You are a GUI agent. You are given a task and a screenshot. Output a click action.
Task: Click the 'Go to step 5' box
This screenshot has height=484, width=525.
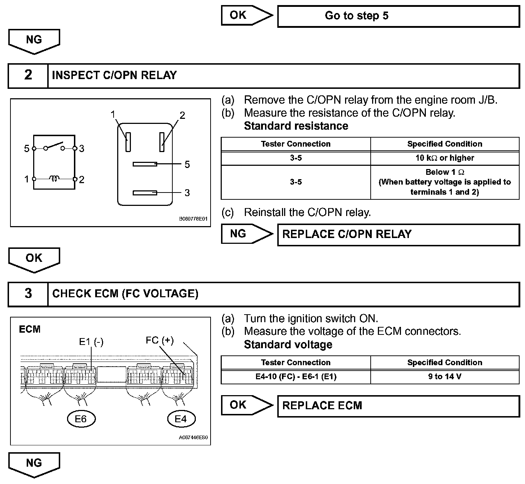[398, 16]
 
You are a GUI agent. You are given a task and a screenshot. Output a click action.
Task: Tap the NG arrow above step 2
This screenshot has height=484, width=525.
[34, 40]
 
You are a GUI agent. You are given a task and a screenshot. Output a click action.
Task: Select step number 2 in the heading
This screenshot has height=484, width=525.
[28, 75]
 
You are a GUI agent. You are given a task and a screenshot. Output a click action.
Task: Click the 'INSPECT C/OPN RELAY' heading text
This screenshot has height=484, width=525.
[114, 75]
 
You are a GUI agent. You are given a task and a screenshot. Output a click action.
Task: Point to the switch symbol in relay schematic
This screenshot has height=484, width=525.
[54, 147]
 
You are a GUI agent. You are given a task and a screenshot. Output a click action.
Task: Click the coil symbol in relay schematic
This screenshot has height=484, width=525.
[54, 178]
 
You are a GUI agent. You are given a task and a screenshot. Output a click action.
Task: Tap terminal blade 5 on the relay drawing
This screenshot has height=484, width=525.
[145, 164]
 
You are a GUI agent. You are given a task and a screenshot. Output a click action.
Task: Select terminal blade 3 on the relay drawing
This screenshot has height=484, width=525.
[145, 193]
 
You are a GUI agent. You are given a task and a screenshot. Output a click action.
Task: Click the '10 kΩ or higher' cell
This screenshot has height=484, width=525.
[445, 158]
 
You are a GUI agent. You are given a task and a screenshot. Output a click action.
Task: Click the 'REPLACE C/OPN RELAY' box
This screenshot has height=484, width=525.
[398, 234]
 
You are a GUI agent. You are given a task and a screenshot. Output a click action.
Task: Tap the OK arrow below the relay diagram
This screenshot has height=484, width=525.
[34, 259]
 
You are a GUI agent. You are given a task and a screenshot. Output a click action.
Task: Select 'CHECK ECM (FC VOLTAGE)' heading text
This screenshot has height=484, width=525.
[125, 294]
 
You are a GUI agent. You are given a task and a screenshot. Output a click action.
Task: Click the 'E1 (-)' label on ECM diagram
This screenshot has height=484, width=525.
[91, 342]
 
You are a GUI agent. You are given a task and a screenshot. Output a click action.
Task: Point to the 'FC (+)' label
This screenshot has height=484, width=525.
[160, 340]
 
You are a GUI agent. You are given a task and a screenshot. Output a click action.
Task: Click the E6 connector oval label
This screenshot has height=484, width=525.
[81, 419]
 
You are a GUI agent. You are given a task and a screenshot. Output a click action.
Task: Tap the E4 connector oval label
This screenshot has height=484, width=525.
[181, 419]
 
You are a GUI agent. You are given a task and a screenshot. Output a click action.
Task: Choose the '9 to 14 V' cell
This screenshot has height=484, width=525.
[445, 376]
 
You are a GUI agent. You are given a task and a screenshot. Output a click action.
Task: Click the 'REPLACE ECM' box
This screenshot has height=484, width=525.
[398, 406]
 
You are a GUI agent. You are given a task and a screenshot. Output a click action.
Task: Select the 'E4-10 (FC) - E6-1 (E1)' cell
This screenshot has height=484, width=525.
[296, 376]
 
